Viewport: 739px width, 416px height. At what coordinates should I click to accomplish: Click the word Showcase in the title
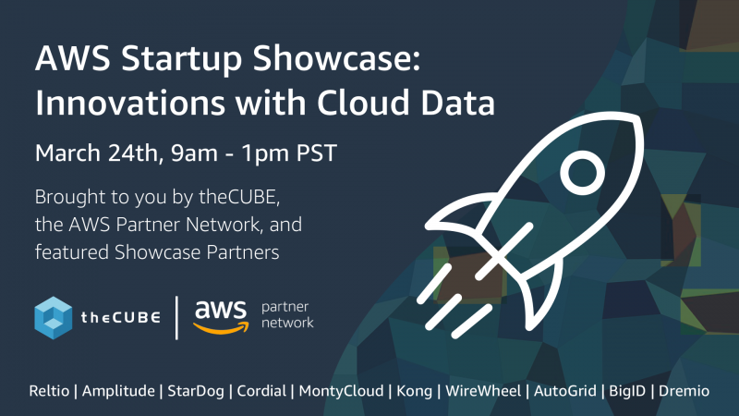pyautogui.click(x=336, y=58)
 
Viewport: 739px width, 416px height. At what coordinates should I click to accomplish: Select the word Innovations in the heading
pyautogui.click(x=130, y=103)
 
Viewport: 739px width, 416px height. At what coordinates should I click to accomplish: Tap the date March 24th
pyautogui.click(x=100, y=153)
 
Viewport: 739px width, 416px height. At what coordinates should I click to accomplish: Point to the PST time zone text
pyautogui.click(x=316, y=153)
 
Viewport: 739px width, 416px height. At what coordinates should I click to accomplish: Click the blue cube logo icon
pyautogui.click(x=54, y=318)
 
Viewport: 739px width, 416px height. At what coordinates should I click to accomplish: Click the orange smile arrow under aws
pyautogui.click(x=221, y=327)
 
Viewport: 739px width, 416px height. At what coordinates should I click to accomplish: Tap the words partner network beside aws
pyautogui.click(x=287, y=314)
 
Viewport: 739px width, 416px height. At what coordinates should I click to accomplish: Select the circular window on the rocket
pyautogui.click(x=583, y=173)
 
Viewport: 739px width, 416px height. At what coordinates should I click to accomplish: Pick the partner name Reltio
pyautogui.click(x=49, y=391)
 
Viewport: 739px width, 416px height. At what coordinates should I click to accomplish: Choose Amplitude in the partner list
pyautogui.click(x=118, y=391)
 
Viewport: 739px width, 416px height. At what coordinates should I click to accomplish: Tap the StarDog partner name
pyautogui.click(x=196, y=391)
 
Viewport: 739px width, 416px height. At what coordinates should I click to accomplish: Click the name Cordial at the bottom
pyautogui.click(x=261, y=391)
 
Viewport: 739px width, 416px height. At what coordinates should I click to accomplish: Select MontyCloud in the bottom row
pyautogui.click(x=341, y=391)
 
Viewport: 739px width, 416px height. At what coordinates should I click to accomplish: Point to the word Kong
pyautogui.click(x=414, y=391)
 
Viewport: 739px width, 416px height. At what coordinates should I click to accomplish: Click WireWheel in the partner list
pyautogui.click(x=483, y=391)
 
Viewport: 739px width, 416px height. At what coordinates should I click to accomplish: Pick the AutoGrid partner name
pyautogui.click(x=565, y=391)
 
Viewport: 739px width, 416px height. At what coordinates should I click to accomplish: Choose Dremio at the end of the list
pyautogui.click(x=684, y=391)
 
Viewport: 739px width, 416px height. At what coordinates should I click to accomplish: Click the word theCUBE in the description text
pyautogui.click(x=239, y=197)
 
